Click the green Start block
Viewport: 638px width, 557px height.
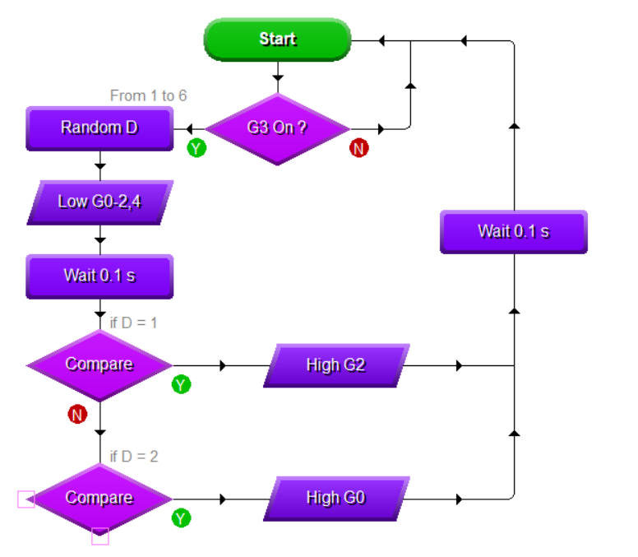point(277,39)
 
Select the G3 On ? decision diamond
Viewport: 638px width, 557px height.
point(277,128)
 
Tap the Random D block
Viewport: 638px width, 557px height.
point(99,128)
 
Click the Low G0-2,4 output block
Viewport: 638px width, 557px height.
point(99,202)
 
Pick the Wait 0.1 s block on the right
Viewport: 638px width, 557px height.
point(514,231)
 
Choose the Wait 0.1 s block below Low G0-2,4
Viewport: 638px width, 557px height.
point(99,276)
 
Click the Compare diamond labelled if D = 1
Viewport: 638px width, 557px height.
point(99,364)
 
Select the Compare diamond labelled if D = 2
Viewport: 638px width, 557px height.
point(99,498)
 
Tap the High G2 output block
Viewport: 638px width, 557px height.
point(335,364)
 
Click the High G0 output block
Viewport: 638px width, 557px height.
point(335,498)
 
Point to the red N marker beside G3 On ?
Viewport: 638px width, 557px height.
point(359,148)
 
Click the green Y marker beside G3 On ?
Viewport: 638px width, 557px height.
point(196,148)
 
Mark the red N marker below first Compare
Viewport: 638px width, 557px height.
point(77,415)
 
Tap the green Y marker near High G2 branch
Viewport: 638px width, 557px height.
point(182,384)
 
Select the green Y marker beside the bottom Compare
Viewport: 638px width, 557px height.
point(182,518)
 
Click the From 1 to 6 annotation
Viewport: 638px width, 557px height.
point(148,96)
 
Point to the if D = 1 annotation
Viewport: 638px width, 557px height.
point(133,323)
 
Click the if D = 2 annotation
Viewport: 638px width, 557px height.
point(134,456)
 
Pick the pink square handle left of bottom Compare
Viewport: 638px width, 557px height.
point(26,499)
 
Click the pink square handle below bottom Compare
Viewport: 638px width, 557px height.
point(99,536)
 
